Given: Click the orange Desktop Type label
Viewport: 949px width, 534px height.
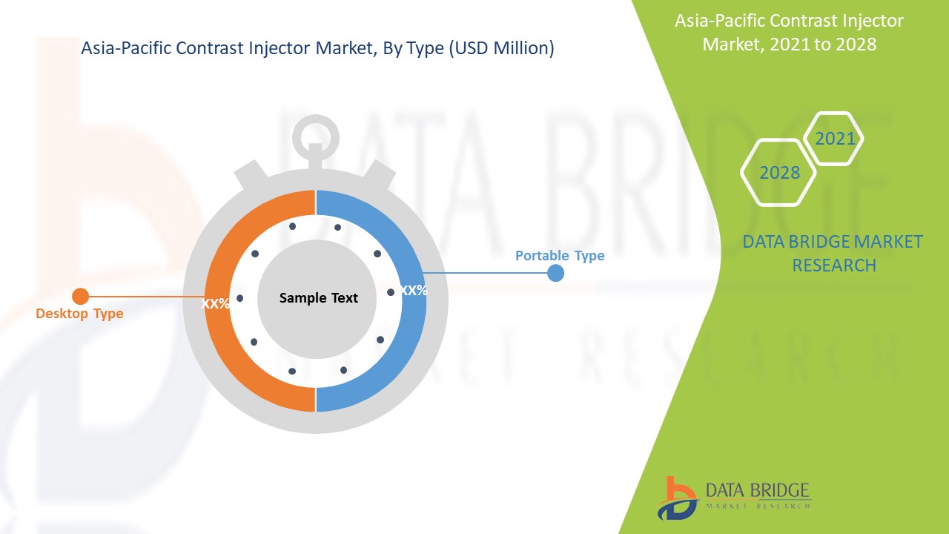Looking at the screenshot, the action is [x=79, y=314].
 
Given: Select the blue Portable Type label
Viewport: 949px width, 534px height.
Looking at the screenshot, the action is [x=560, y=256].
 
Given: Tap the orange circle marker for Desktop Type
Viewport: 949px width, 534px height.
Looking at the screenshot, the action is [x=81, y=296].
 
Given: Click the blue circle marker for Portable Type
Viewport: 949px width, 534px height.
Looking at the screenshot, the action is [x=555, y=273].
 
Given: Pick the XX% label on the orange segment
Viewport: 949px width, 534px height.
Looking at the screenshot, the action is [x=215, y=303].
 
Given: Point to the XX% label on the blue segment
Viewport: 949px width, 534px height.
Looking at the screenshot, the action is [x=414, y=290].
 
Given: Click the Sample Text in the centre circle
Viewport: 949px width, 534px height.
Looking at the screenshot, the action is [x=319, y=298].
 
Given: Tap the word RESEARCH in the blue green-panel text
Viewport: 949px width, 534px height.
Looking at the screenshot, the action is [x=834, y=266].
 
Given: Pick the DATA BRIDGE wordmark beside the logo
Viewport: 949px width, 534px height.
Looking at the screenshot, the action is [x=758, y=490].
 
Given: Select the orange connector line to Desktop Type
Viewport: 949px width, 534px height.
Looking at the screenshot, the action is [x=147, y=297].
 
